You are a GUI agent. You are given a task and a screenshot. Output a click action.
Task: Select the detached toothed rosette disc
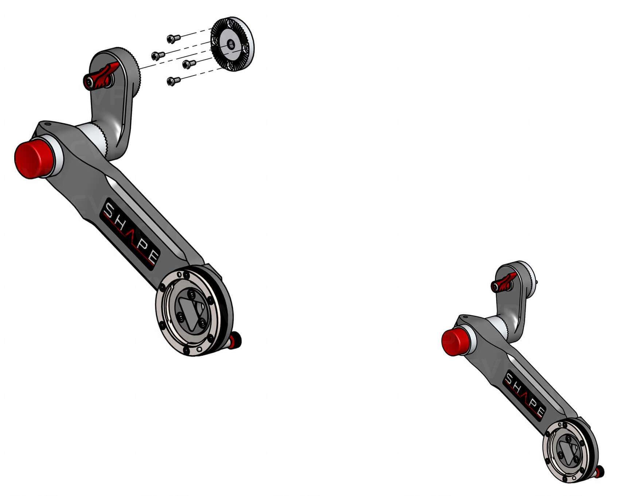(x=233, y=44)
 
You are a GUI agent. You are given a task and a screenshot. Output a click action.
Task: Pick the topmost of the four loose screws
(x=173, y=38)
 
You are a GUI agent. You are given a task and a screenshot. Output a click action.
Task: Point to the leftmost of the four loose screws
(x=157, y=55)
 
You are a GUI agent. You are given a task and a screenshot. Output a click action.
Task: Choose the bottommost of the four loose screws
(x=173, y=81)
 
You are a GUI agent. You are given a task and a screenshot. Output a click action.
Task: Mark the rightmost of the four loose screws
(x=188, y=64)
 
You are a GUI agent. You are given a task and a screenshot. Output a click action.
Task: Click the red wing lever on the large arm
(x=104, y=76)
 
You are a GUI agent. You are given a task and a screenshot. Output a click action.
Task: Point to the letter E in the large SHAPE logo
(x=153, y=256)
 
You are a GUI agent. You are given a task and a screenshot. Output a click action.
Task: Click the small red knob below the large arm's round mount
(x=235, y=340)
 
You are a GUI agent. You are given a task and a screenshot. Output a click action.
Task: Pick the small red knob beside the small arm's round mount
(x=599, y=473)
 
